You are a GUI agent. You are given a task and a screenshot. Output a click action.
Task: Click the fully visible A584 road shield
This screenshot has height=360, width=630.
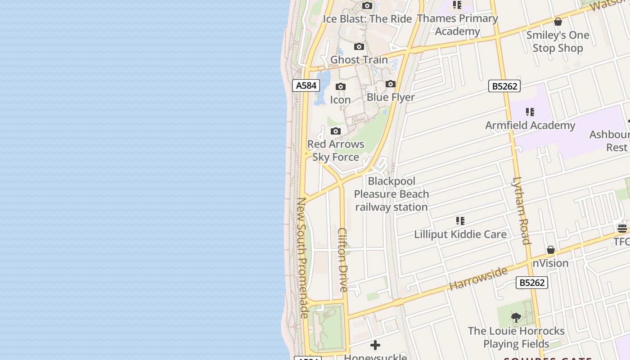(306, 85)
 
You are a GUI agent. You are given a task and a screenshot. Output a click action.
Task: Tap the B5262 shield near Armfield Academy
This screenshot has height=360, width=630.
(504, 86)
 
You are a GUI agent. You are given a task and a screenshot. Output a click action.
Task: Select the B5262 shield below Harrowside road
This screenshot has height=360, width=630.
(532, 283)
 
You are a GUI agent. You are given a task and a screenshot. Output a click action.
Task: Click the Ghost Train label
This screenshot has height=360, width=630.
(359, 59)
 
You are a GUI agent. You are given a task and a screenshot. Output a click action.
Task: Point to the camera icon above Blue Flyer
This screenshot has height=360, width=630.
(391, 84)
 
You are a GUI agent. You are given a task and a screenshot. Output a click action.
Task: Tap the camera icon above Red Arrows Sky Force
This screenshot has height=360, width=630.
(336, 131)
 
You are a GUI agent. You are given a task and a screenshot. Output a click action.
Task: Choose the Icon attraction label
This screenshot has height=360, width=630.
(340, 99)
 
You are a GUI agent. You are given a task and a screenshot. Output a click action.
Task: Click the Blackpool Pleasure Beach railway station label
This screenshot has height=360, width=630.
(391, 194)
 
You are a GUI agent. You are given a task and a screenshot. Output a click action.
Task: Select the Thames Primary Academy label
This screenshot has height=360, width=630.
(457, 25)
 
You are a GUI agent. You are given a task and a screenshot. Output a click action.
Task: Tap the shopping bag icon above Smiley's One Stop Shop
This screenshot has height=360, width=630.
(558, 22)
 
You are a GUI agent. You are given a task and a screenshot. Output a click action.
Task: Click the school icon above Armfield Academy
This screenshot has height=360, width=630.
(530, 112)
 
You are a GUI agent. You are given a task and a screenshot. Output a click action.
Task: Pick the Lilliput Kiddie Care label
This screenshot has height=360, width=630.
(460, 234)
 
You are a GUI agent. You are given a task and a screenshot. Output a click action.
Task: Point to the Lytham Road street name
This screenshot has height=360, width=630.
(521, 211)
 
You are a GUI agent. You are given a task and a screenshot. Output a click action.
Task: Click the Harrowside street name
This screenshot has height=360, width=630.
(478, 278)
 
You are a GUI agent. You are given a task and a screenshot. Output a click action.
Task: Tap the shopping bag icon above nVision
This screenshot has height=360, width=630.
(551, 250)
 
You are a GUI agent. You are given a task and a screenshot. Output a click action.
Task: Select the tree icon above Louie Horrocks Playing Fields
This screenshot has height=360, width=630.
(516, 318)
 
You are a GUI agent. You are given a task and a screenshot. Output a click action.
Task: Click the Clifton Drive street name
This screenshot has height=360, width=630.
(343, 260)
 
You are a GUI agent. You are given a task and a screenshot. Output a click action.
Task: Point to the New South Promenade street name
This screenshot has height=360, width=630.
(302, 258)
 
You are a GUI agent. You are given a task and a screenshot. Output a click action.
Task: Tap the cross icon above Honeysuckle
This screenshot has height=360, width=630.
(375, 345)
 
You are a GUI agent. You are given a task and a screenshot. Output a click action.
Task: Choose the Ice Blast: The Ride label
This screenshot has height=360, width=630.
(367, 19)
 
